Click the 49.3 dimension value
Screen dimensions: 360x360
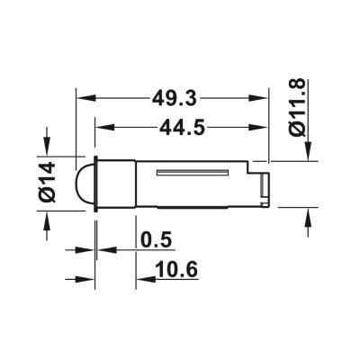click(174, 98)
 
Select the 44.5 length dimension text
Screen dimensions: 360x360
click(182, 127)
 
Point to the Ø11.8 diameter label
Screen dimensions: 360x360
click(298, 107)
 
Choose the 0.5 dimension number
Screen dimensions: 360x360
click(156, 239)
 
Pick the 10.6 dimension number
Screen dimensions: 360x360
click(176, 269)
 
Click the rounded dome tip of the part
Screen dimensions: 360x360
click(85, 184)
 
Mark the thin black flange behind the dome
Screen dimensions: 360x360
click(96, 184)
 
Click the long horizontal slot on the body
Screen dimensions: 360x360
click(193, 172)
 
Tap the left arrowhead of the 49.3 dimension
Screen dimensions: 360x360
click(86, 98)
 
